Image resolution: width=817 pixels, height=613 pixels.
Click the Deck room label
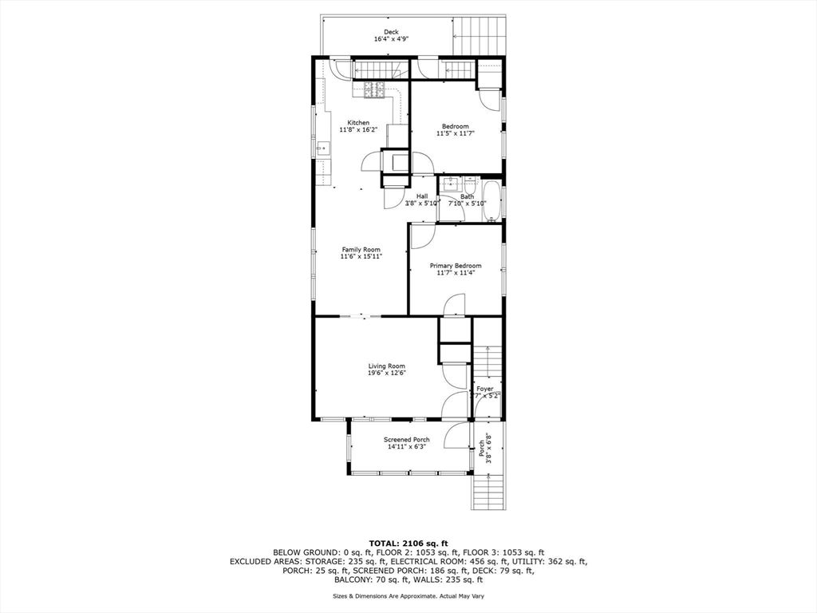[x=391, y=32]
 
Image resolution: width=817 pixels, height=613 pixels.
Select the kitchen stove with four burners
[x=374, y=91]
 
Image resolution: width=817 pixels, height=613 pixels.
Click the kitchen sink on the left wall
[x=322, y=148]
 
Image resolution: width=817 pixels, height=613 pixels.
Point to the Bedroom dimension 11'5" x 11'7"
[x=456, y=133]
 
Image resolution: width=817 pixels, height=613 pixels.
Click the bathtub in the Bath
[x=494, y=201]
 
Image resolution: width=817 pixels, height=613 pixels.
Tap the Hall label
[x=422, y=196]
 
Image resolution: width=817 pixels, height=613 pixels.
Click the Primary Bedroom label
[x=456, y=266]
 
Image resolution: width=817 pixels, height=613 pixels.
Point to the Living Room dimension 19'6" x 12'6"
[x=386, y=373]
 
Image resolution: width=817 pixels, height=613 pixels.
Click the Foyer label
[x=485, y=389]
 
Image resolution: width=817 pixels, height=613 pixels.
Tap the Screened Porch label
[x=407, y=440]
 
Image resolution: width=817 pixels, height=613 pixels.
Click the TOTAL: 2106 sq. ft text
[x=408, y=542]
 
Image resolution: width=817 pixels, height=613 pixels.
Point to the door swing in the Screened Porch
[x=456, y=435]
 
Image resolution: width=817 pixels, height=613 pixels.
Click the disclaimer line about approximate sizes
[x=408, y=596]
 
